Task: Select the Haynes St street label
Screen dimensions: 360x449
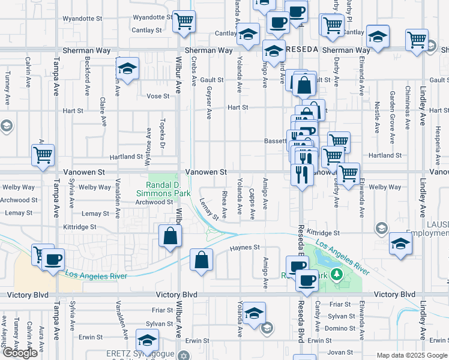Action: tap(244, 247)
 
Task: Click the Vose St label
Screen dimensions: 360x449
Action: tap(158, 96)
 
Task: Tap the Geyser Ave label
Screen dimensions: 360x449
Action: tap(209, 102)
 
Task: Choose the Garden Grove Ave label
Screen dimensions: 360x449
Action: tap(392, 110)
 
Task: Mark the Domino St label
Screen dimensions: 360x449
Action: tap(340, 328)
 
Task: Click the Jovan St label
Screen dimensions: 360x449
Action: tap(340, 352)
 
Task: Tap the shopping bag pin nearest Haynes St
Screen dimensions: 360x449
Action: tap(201, 260)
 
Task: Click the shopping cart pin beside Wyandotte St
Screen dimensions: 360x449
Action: tap(184, 22)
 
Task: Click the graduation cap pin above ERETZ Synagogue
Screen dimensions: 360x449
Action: tap(147, 340)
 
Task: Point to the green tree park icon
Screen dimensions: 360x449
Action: tap(337, 274)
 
